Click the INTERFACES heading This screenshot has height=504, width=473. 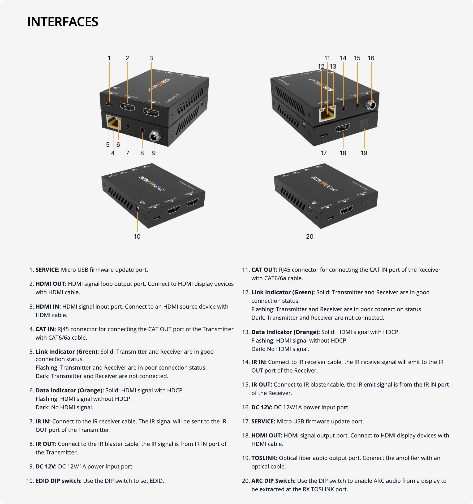coord(63,22)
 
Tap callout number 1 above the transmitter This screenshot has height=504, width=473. coord(109,58)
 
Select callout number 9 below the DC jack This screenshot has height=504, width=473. coord(154,153)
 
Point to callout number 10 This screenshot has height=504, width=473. coord(137,236)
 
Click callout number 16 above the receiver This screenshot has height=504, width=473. coord(371,58)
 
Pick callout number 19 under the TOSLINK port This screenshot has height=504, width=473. coord(364,153)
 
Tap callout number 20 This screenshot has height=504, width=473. coord(309,236)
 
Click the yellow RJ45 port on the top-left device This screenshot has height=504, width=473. coord(114,122)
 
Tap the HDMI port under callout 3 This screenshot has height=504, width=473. coord(151,112)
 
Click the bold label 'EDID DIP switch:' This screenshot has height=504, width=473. coord(58,481)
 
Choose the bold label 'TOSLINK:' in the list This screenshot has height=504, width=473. coord(264,458)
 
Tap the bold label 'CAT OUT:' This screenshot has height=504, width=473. coord(264,270)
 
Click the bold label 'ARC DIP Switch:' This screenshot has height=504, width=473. coord(273,481)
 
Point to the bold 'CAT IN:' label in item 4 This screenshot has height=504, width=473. coord(46,329)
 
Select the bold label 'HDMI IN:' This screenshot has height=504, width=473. coord(48,306)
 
